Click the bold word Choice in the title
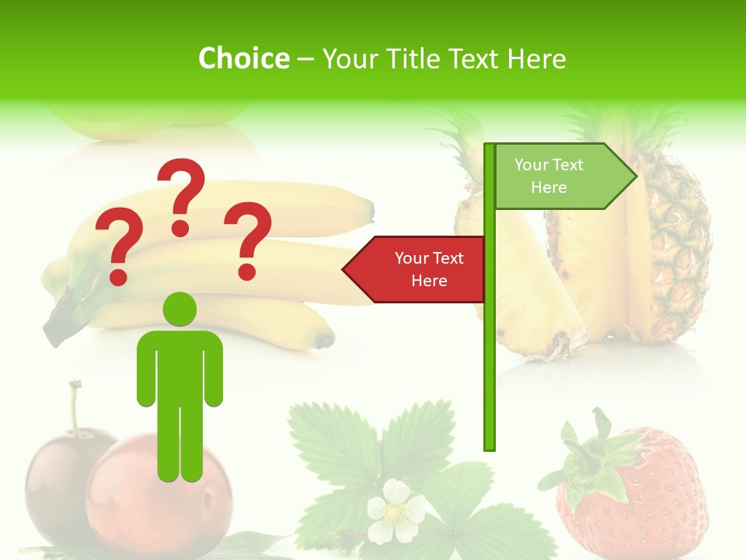[243, 58]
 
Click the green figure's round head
[180, 309]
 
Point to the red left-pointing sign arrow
[416, 269]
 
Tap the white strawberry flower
[396, 511]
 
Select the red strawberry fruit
[645, 498]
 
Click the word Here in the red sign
[429, 281]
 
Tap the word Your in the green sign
[532, 165]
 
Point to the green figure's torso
[180, 366]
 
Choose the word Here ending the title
[537, 58]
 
